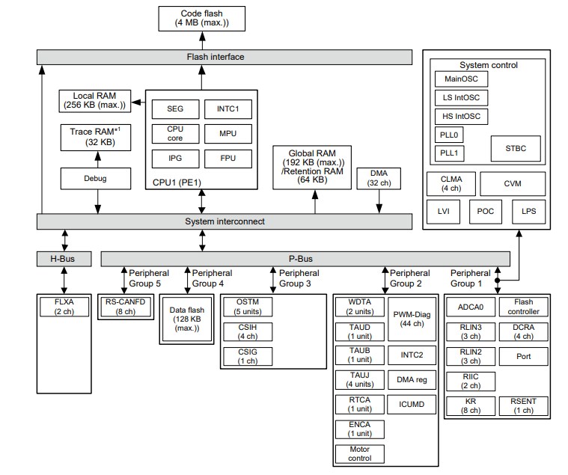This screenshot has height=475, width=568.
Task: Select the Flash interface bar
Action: tap(225, 57)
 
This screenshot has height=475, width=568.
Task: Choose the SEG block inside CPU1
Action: tap(174, 109)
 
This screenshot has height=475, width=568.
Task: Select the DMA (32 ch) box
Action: tap(379, 178)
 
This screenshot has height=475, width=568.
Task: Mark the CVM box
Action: tap(512, 183)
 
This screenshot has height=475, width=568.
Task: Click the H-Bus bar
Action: tap(64, 259)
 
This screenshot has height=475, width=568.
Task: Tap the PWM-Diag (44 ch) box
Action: tap(411, 319)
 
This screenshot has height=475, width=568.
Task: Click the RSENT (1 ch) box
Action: tap(523, 405)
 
